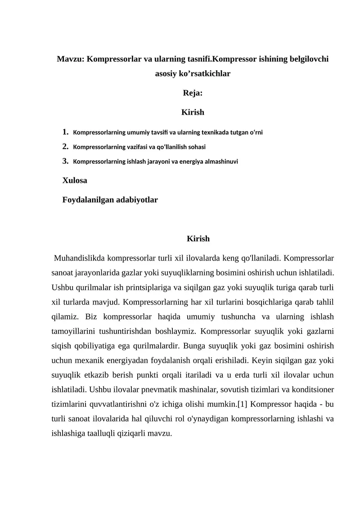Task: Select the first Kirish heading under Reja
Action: (193, 112)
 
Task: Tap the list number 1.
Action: (66, 132)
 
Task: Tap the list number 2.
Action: (66, 146)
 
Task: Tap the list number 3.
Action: (66, 161)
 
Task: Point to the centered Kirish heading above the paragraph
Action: (198, 239)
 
